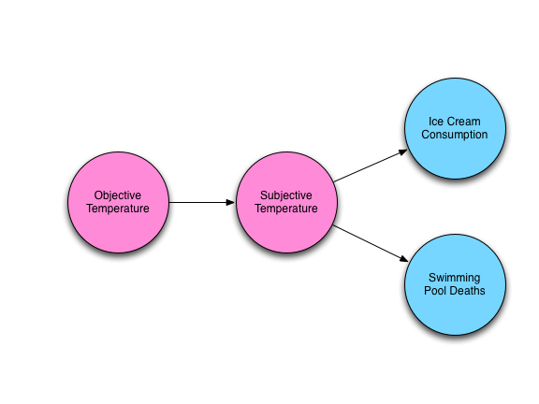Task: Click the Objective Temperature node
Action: (118, 202)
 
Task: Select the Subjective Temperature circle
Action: (286, 202)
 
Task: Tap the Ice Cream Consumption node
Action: (455, 128)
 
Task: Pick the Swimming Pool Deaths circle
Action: (455, 285)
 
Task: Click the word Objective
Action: (118, 195)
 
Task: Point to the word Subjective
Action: (286, 195)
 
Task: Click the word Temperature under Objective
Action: (118, 209)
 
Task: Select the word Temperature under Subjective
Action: (286, 209)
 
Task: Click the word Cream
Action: (463, 122)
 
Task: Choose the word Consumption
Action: (455, 135)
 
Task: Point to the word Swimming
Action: (455, 278)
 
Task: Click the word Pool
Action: (434, 291)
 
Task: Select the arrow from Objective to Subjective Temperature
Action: (202, 202)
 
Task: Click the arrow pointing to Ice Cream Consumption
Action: (371, 166)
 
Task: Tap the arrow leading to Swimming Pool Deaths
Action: (371, 243)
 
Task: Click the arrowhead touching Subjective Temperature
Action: (230, 202)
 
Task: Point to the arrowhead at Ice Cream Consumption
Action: (403, 151)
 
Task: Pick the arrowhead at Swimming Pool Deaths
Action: (404, 259)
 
